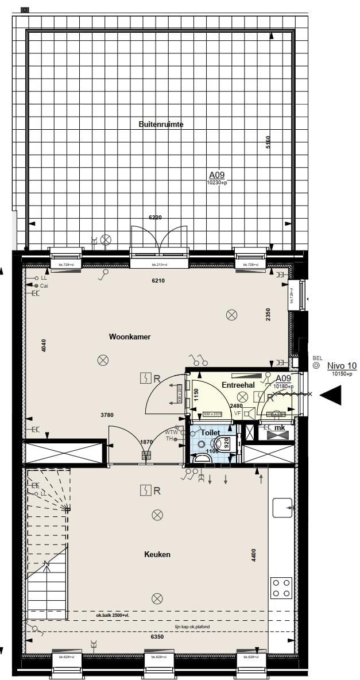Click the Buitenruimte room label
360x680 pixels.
tap(161, 124)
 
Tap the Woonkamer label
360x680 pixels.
tap(130, 337)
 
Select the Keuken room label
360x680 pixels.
tap(157, 555)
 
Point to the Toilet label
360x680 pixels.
tap(210, 432)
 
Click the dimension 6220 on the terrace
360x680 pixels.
tap(156, 218)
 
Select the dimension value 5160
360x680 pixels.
tap(268, 142)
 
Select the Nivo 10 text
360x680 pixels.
tap(342, 366)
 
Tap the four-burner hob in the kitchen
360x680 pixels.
tap(281, 588)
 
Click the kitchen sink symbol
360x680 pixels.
tap(282, 508)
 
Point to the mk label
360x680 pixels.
tap(280, 428)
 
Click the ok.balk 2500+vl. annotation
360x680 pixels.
tap(113, 615)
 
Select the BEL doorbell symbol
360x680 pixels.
tap(316, 365)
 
